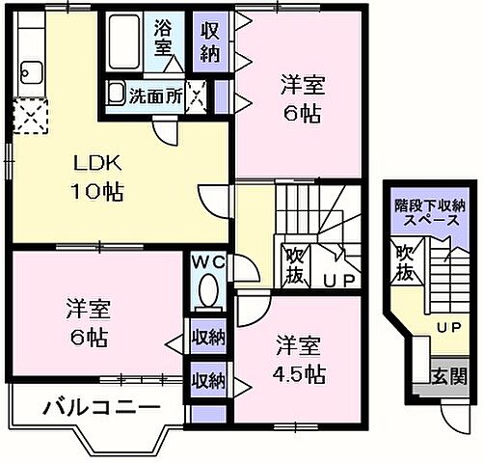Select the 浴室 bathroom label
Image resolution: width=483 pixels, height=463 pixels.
pos(163,36)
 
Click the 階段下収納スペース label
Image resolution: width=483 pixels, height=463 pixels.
pos(430,213)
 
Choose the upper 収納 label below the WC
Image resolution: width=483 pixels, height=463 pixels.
pos(208,338)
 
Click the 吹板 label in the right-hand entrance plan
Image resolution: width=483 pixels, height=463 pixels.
pos(405,261)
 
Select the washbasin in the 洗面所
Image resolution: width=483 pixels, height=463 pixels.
pos(117,95)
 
